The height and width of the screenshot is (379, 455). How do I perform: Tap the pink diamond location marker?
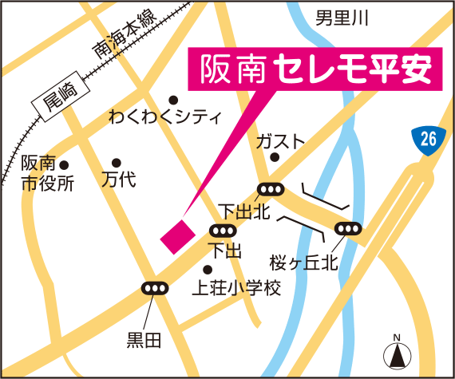point(176,237)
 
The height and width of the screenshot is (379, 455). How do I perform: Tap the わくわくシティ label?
point(164,118)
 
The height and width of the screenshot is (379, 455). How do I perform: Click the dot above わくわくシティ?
point(172,100)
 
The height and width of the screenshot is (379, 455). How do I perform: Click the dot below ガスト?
point(274,158)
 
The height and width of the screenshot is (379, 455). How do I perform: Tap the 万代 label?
point(118,180)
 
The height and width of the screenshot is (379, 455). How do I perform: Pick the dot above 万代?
point(117,162)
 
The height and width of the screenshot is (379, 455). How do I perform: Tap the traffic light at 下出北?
point(271,190)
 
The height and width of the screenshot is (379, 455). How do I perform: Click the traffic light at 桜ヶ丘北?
point(349,229)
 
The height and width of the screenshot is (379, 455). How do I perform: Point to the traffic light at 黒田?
point(154,288)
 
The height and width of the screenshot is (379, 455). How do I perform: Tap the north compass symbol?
point(396,351)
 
